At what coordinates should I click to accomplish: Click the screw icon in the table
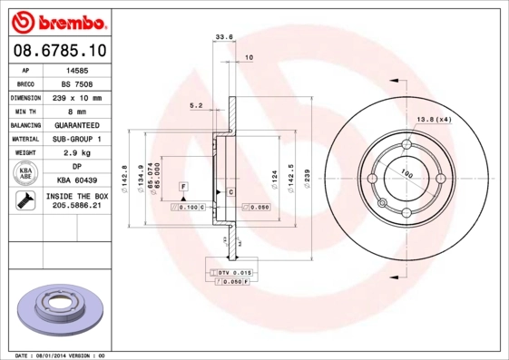25,200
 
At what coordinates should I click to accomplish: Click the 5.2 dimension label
196,105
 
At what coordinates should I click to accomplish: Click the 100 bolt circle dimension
406,172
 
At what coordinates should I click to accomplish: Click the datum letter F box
183,186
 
